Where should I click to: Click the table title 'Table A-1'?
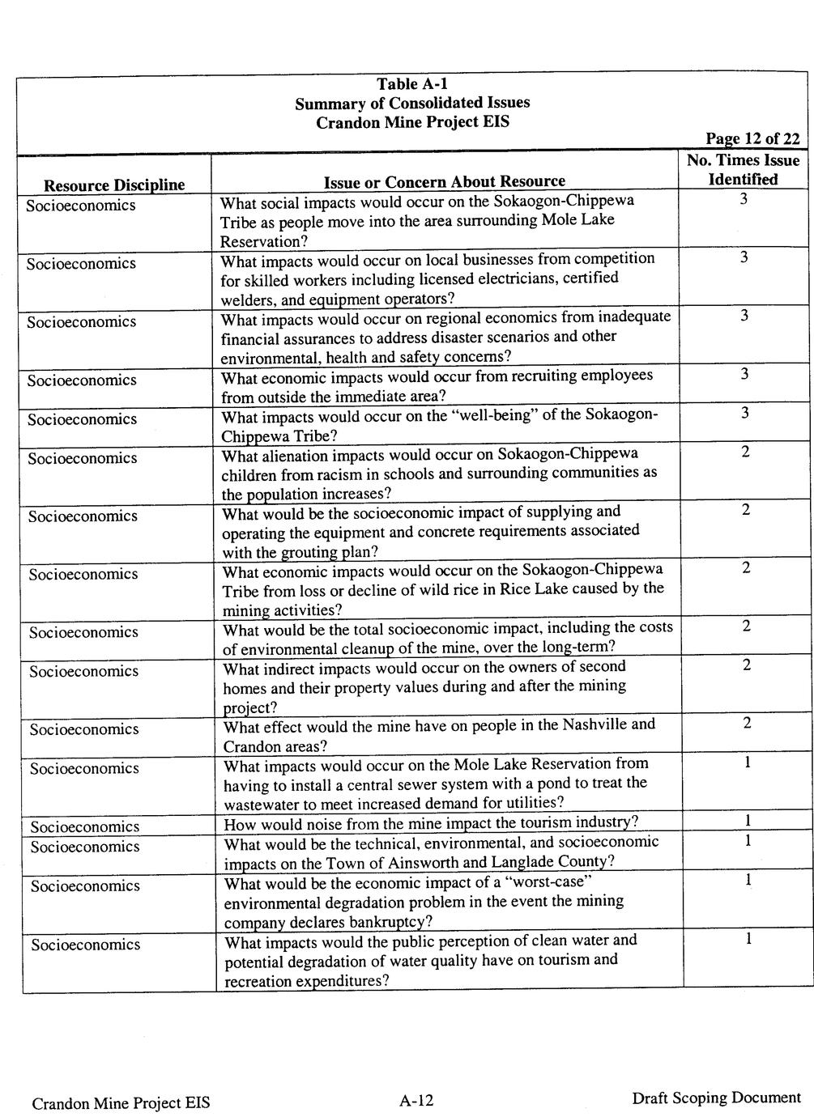(411, 84)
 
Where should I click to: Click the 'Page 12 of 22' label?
(752, 139)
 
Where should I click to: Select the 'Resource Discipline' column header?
(113, 185)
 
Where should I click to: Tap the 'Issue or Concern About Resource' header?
(444, 181)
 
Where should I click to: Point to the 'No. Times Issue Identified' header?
(743, 170)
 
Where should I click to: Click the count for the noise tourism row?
(747, 822)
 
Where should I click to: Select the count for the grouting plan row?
(745, 510)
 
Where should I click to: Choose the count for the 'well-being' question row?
(744, 414)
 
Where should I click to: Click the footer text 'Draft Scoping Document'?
(716, 1098)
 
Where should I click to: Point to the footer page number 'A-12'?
(416, 1100)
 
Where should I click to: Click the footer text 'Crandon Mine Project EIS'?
(121, 1102)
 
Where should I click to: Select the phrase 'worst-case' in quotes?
(551, 882)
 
